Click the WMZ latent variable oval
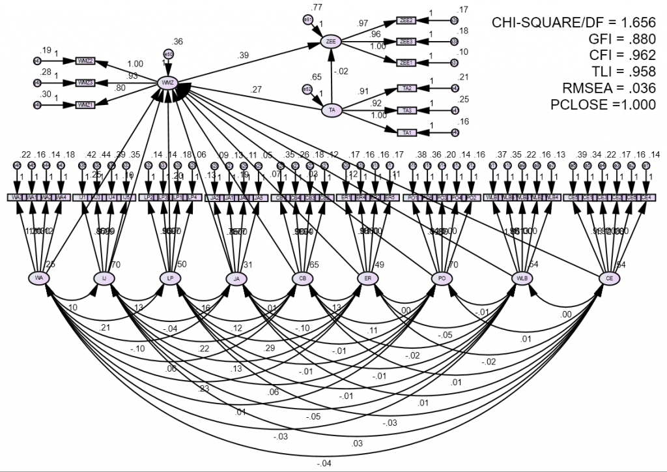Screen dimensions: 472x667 click(x=168, y=83)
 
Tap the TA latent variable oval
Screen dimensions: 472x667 click(x=332, y=110)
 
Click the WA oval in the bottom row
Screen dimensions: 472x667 click(x=40, y=278)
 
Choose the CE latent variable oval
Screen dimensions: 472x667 click(x=610, y=278)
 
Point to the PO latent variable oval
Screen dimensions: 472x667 click(x=442, y=278)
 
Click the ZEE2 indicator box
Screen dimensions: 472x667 click(x=408, y=21)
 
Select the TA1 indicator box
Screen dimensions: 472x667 click(x=408, y=133)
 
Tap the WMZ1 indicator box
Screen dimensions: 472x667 click(x=85, y=104)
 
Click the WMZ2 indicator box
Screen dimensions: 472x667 click(x=85, y=61)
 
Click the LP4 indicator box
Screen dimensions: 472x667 click(x=192, y=197)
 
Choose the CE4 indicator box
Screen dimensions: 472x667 click(x=646, y=197)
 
